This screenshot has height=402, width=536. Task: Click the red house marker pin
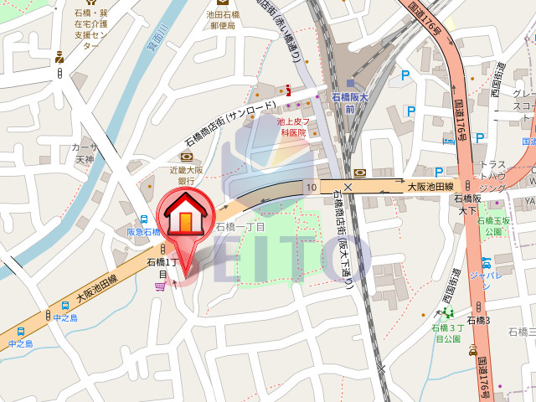[182, 219]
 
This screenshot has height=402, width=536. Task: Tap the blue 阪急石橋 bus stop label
[142, 232]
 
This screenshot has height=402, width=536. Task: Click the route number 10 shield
[312, 186]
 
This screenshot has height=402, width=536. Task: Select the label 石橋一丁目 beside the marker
[240, 227]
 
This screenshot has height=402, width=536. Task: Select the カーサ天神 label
[85, 153]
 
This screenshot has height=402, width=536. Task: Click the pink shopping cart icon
[159, 286]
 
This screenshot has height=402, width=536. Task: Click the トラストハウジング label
[492, 177]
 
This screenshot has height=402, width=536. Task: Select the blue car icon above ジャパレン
[483, 260]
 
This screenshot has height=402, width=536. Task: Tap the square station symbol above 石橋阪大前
[350, 82]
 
